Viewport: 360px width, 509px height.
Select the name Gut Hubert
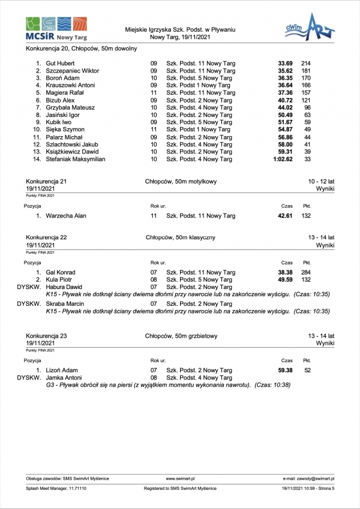60,63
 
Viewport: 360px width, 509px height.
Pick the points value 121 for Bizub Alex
305,100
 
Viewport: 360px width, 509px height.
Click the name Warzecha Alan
66,215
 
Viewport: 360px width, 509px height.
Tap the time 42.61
284,215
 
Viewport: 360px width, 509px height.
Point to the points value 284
305,272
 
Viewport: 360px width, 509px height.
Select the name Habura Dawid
64,287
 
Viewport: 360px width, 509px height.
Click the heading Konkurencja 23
47,336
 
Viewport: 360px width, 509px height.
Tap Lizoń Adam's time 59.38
284,371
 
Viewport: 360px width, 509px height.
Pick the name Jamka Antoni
64,378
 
